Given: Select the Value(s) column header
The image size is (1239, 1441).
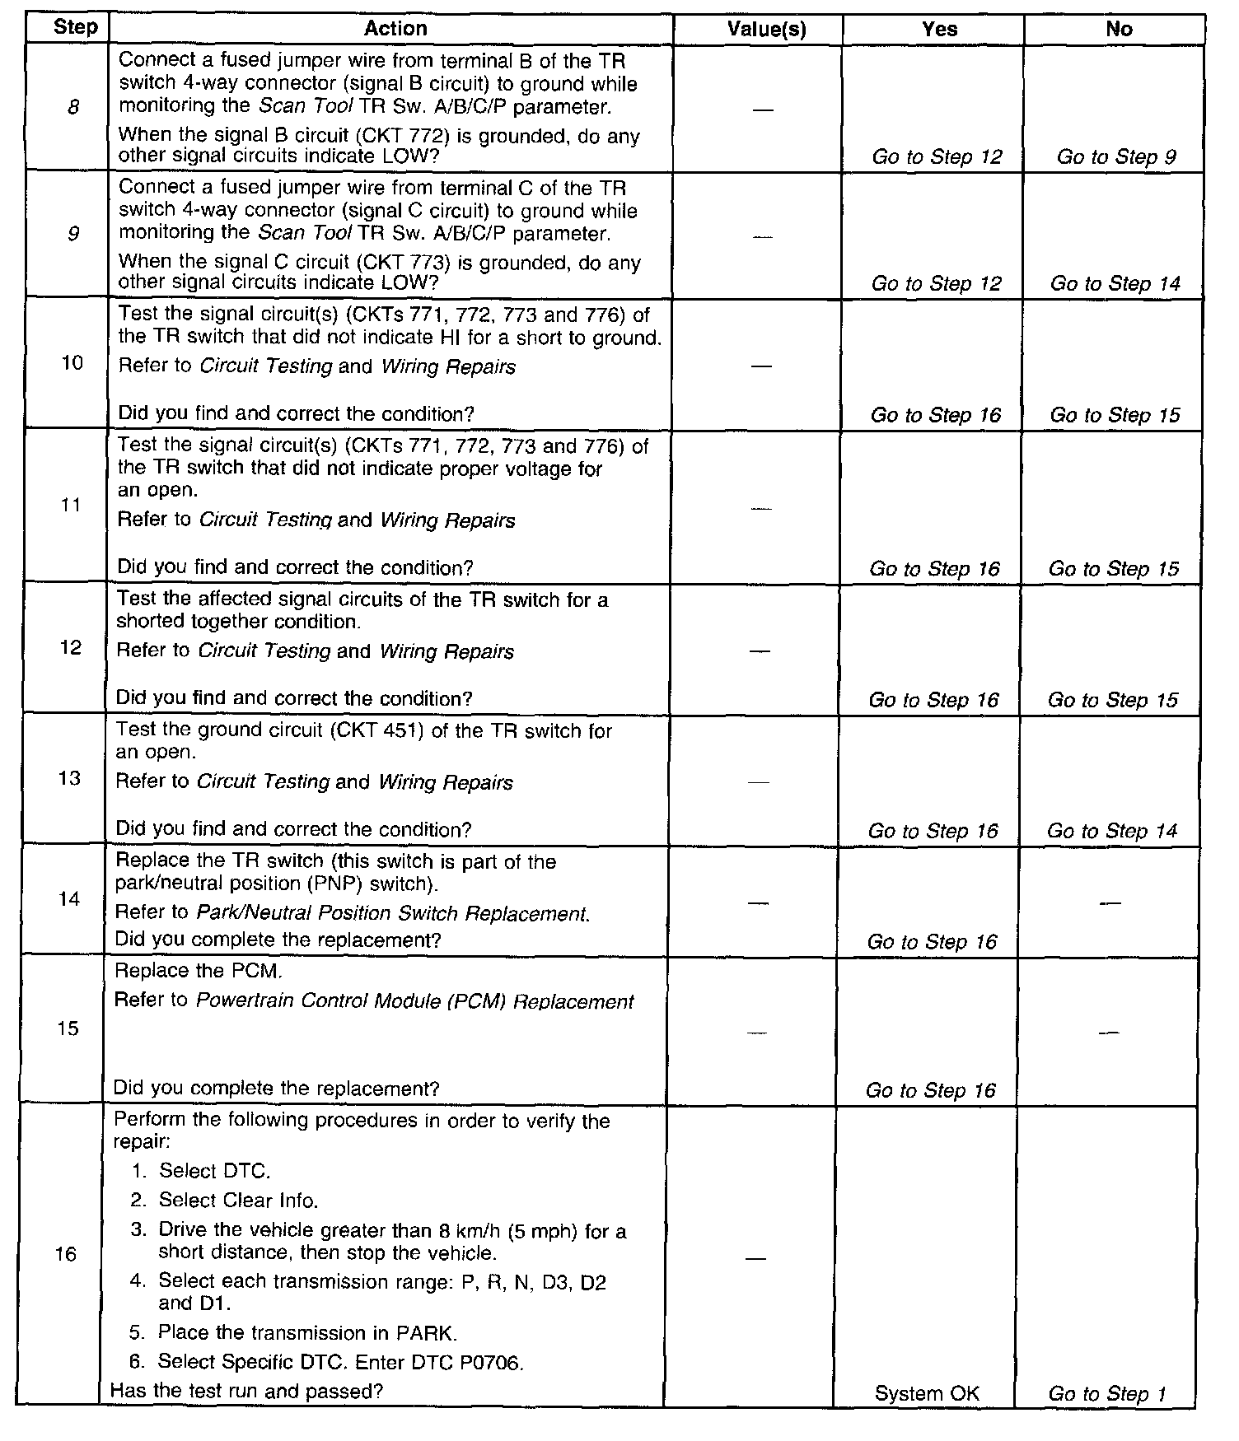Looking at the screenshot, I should (766, 30).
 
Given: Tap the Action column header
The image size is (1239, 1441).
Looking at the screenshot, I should (395, 29).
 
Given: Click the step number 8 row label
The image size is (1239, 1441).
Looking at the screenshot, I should (73, 106).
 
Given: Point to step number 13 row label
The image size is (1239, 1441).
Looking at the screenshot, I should (70, 778).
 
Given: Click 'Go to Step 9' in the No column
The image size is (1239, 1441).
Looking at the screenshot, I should (1116, 156).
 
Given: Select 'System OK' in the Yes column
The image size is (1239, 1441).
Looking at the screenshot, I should (927, 1393).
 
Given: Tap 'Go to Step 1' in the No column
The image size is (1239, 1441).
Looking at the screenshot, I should (1106, 1393).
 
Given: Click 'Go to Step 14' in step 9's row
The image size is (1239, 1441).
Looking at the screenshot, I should (1115, 284).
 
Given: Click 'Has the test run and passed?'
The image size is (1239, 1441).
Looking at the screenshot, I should (247, 1391).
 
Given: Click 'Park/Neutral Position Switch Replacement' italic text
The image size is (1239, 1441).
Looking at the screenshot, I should (391, 913).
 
